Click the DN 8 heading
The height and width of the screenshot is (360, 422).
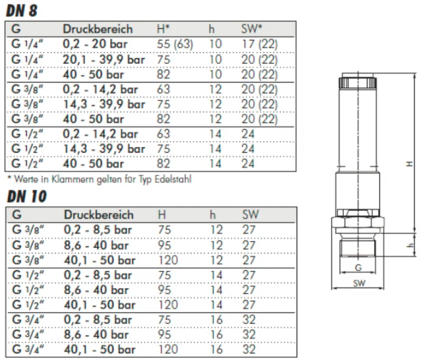(22, 10)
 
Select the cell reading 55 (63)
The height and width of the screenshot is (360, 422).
(175, 45)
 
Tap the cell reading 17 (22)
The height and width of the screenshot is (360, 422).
(260, 45)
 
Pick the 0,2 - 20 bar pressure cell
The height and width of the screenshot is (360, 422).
(95, 45)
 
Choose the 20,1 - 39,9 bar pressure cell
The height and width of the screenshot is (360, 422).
(104, 60)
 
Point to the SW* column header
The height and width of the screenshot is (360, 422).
(251, 29)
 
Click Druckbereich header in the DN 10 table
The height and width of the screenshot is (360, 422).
(99, 215)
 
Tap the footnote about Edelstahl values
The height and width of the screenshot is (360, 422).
(98, 179)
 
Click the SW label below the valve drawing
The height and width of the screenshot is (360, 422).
(358, 283)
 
